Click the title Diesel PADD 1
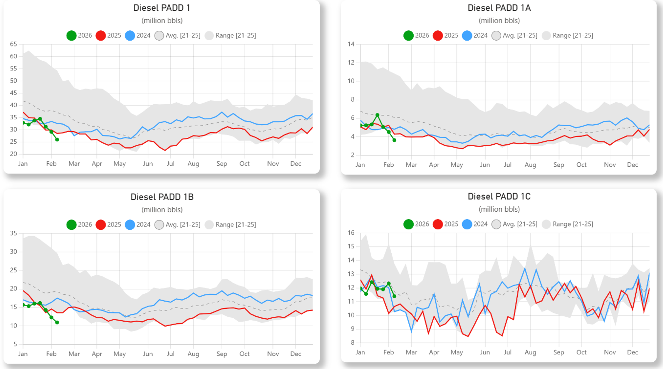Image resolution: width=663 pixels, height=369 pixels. tap(162, 8)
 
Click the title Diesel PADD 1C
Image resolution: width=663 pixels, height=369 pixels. tap(499, 196)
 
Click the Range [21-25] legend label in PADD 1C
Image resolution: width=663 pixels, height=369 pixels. tap(573, 224)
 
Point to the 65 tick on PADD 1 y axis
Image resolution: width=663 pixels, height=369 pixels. tap(13, 44)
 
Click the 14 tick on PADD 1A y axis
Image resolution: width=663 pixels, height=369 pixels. tap(351, 44)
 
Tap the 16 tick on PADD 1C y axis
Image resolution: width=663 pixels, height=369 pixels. tap(351, 233)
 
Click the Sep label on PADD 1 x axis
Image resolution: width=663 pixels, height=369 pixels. tap(222, 164)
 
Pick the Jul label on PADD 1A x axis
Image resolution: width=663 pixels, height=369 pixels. tap(507, 165)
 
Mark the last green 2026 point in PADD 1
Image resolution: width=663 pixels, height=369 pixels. tap(57, 139)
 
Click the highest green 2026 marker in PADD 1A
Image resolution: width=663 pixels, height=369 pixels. tap(377, 115)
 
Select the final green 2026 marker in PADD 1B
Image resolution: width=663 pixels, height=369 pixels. tap(57, 322)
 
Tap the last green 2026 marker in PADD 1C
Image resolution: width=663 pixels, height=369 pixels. tap(394, 296)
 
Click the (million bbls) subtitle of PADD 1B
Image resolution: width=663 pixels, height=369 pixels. tap(162, 210)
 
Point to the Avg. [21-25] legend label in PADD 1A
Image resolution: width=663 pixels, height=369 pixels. tap(520, 36)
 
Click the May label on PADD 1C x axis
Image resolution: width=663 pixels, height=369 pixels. tap(457, 352)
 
